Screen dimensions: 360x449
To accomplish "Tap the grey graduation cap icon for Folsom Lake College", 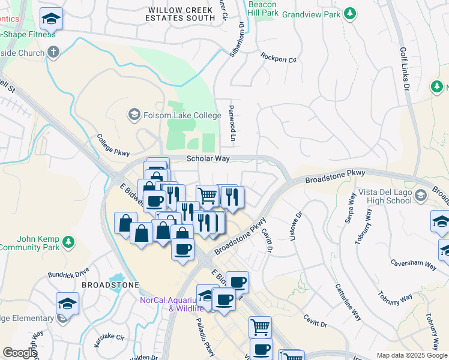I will click(x=133, y=113).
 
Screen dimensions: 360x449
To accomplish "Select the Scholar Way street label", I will click(x=208, y=159).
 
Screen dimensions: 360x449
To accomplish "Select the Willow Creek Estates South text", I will click(x=181, y=14).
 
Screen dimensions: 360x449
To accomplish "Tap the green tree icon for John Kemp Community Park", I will click(x=69, y=242).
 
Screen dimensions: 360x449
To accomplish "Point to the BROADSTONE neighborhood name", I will click(x=110, y=285).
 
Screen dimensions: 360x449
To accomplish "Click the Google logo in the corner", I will click(x=20, y=353).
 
